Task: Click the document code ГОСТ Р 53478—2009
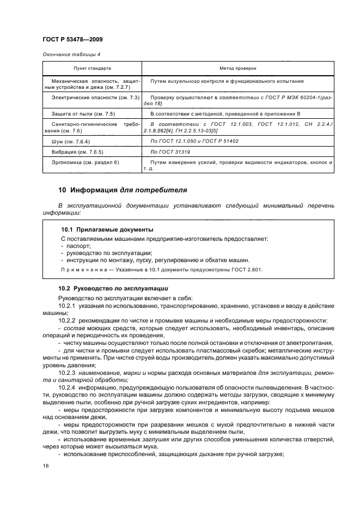point(72,40)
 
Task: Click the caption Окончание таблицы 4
point(71,54)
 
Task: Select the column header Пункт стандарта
point(93,69)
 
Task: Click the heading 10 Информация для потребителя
point(123,190)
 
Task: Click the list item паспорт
point(79,246)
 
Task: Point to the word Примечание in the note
point(80,269)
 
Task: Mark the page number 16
point(46,466)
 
